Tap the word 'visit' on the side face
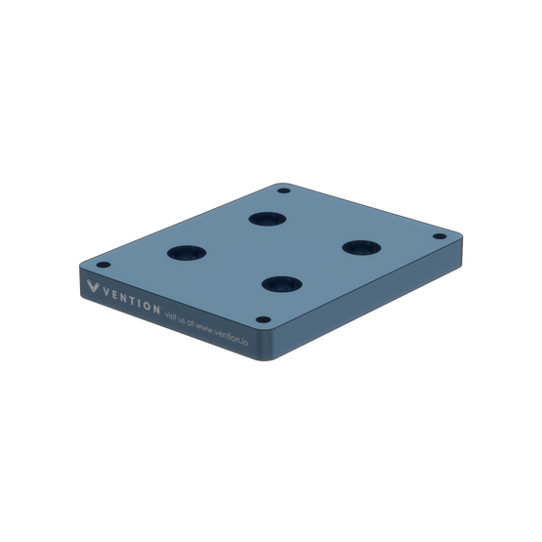pyautogui.click(x=175, y=314)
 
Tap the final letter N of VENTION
pyautogui.click(x=157, y=309)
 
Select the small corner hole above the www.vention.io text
pyautogui.click(x=262, y=319)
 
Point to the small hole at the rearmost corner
pyautogui.click(x=283, y=190)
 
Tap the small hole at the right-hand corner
pyautogui.click(x=438, y=235)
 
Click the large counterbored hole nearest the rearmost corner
pyautogui.click(x=262, y=219)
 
